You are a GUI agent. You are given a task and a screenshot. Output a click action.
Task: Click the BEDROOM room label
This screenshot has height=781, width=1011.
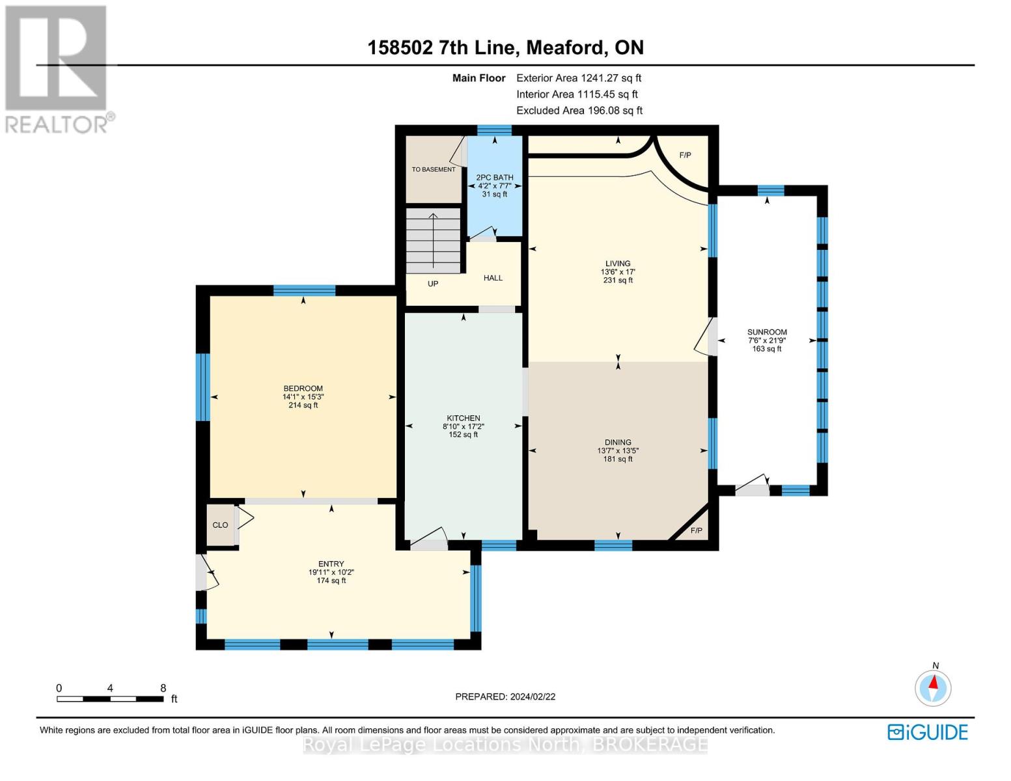pyautogui.click(x=303, y=389)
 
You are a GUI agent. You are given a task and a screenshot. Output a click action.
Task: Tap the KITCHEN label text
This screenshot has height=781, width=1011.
pyautogui.click(x=464, y=418)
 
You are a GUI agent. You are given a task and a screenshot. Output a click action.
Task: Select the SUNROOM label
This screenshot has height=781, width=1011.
pyautogui.click(x=768, y=332)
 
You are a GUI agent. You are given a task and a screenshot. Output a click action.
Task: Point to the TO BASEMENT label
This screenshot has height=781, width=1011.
pyautogui.click(x=434, y=169)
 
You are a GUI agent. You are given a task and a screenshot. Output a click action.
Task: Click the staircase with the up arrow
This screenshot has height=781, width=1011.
pyautogui.click(x=433, y=241)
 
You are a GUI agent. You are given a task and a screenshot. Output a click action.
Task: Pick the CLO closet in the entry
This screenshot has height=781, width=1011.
pyautogui.click(x=221, y=525)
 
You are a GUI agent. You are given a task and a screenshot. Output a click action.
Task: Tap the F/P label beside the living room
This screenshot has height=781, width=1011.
pyautogui.click(x=685, y=156)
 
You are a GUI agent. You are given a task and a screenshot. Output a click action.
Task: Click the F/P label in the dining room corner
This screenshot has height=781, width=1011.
pyautogui.click(x=696, y=530)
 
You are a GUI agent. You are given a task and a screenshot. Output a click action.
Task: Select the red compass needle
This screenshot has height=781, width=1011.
pyautogui.click(x=934, y=682)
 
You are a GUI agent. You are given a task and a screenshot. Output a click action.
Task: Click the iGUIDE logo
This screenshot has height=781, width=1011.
pyautogui.click(x=928, y=732)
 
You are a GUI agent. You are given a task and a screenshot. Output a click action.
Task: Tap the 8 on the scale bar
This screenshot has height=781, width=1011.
pyautogui.click(x=163, y=688)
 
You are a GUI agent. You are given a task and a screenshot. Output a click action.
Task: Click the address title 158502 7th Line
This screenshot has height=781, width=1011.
pyautogui.click(x=441, y=48)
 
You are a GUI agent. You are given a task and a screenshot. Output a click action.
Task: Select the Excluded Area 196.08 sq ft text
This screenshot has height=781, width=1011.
pyautogui.click(x=579, y=111)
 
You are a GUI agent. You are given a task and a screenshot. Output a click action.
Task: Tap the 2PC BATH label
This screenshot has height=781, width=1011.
pyautogui.click(x=495, y=178)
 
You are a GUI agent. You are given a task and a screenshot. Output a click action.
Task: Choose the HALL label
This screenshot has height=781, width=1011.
pyautogui.click(x=493, y=278)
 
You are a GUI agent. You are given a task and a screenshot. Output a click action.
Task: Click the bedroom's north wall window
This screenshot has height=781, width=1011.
pyautogui.click(x=304, y=291)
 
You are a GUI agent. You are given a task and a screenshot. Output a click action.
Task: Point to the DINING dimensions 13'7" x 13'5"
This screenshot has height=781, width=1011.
pyautogui.click(x=618, y=451)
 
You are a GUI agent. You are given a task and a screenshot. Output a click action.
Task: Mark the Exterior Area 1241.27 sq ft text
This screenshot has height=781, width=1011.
pyautogui.click(x=579, y=78)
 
